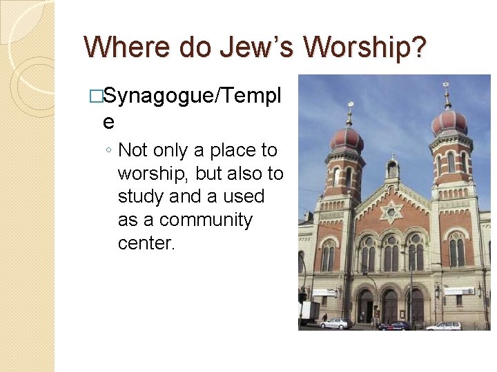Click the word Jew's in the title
point(255,47)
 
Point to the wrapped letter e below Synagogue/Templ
point(108,122)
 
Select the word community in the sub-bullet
point(206,220)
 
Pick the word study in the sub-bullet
point(142,197)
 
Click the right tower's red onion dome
point(449,123)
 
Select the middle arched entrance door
point(391,304)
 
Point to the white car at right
point(443,325)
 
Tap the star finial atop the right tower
point(447,88)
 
